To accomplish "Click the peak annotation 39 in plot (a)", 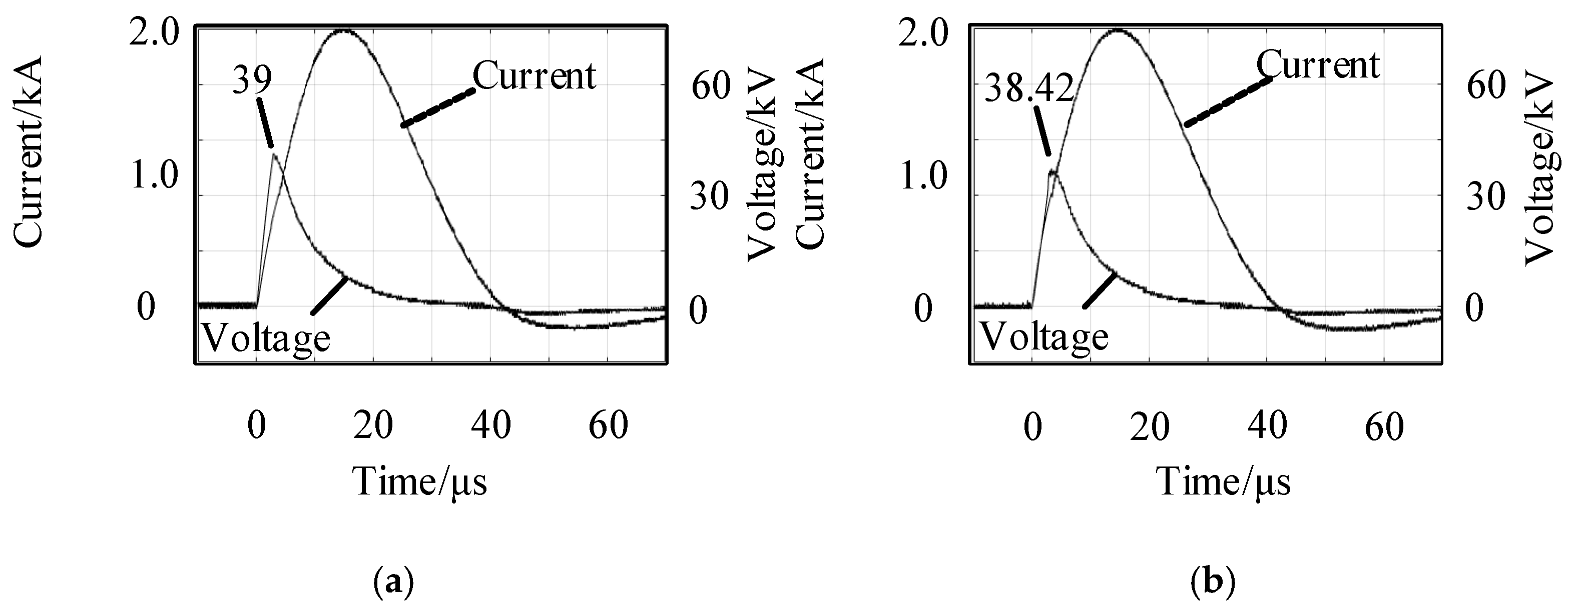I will point(252,81).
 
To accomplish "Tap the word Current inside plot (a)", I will point(534,76).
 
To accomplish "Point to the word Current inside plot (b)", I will point(1318,65).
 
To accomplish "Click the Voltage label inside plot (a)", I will point(266,338).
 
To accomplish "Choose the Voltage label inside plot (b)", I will point(1044,336).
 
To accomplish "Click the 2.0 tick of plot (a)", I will point(153,35).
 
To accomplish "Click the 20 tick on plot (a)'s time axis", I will point(373,424).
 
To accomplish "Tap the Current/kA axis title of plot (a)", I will point(28,152).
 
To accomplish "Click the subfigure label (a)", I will point(393,581).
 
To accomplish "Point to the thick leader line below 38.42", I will point(1042,131).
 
